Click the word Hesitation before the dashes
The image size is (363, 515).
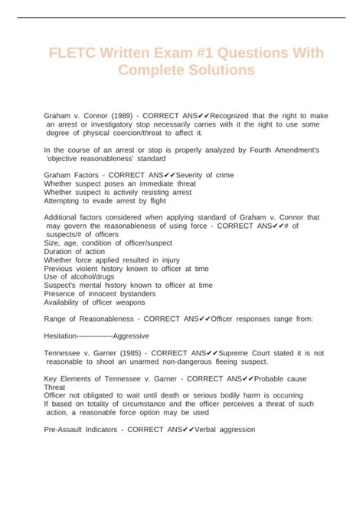coord(66,336)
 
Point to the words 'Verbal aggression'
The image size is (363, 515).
coord(222,430)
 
